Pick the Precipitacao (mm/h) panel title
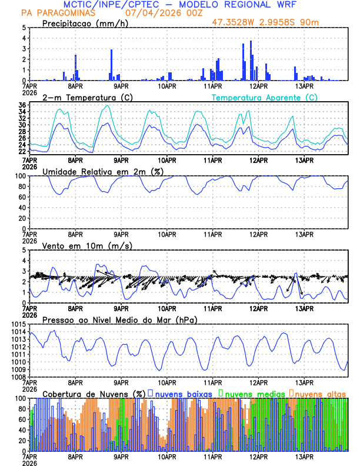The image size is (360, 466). (x=84, y=24)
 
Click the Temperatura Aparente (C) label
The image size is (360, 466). (x=264, y=97)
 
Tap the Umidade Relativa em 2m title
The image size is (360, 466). (x=102, y=171)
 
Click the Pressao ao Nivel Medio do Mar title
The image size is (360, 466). (x=119, y=319)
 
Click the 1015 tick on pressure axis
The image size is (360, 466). (x=18, y=324)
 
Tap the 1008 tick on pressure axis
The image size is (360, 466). (x=18, y=377)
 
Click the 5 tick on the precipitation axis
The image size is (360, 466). (x=24, y=28)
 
